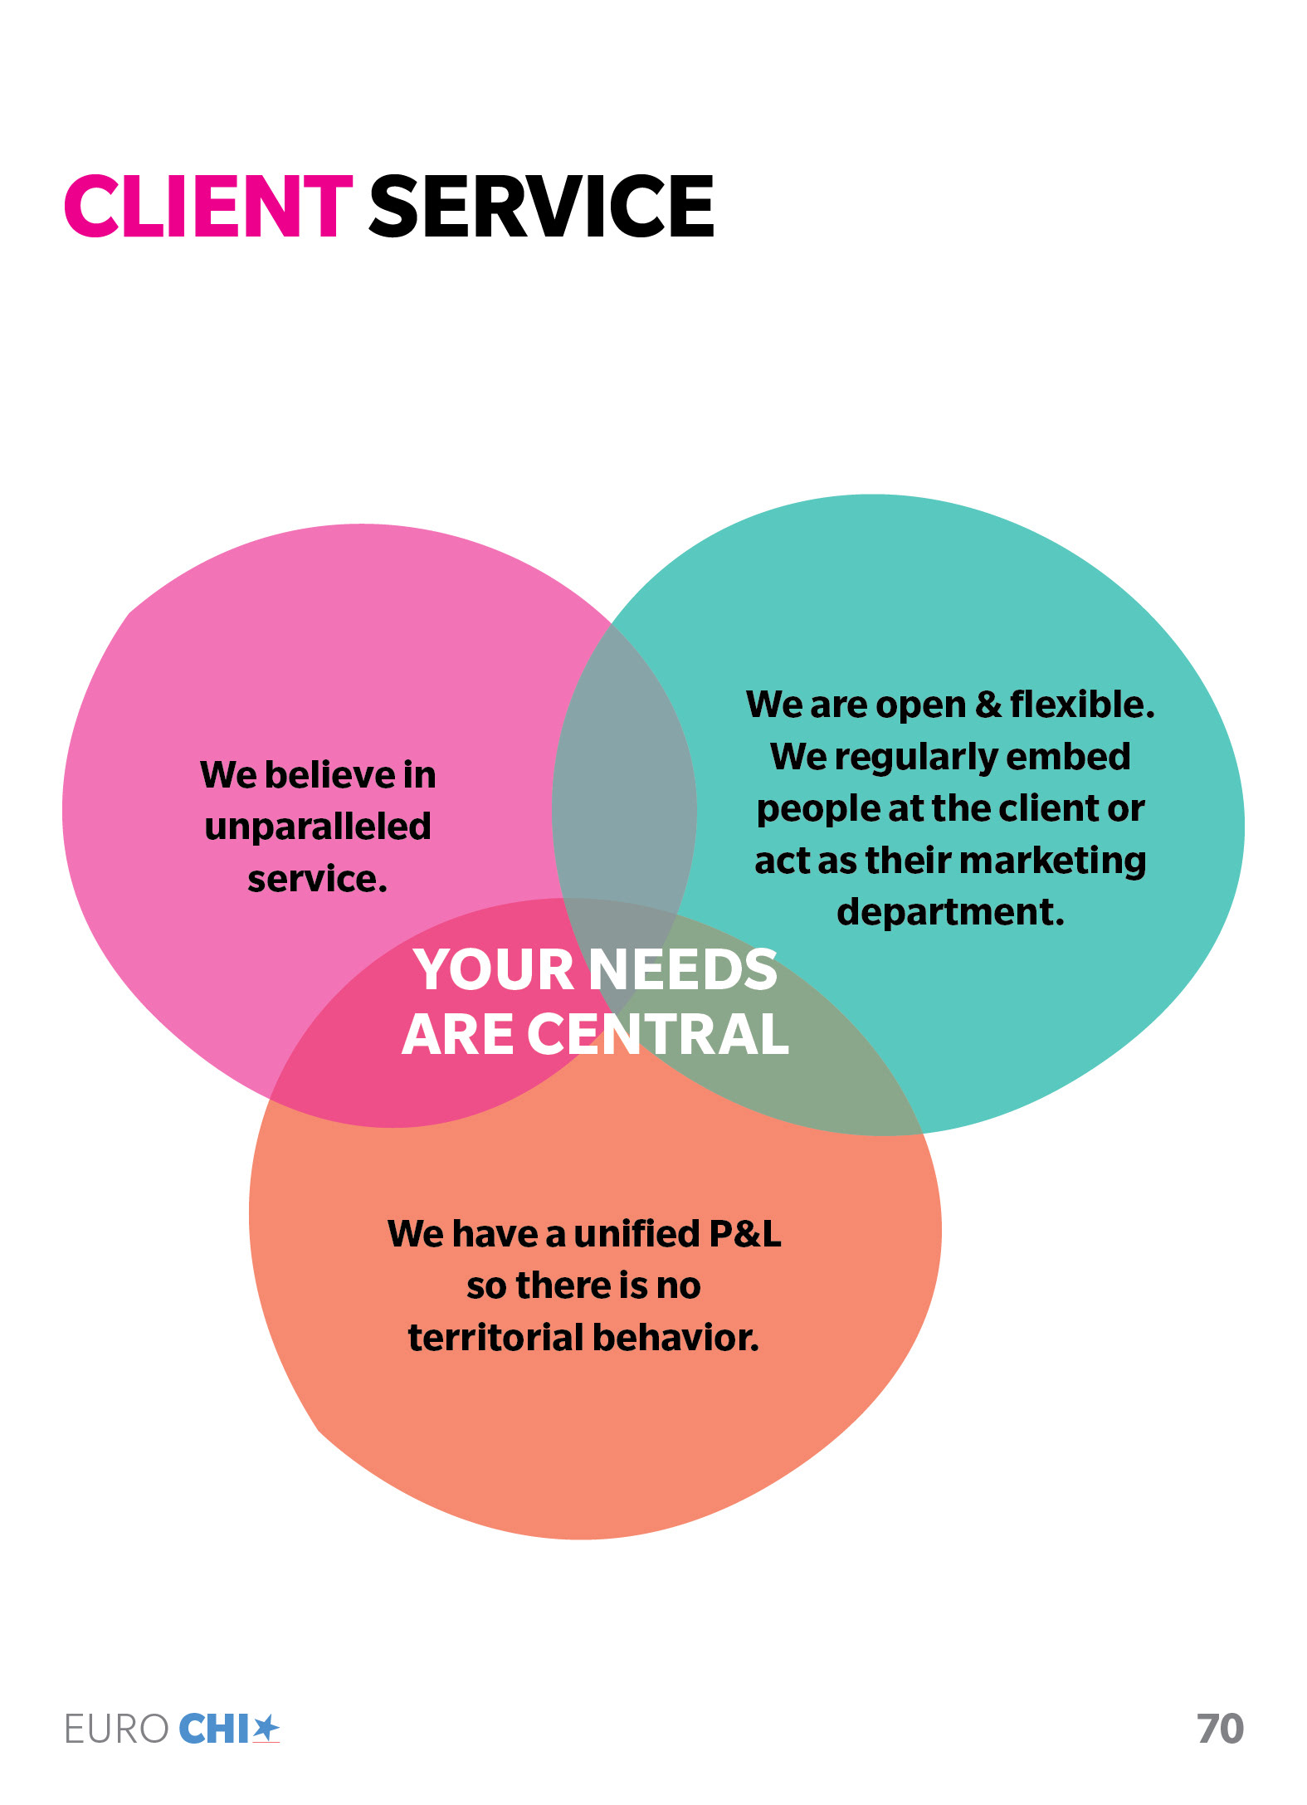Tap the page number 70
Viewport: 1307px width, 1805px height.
coord(1220,1729)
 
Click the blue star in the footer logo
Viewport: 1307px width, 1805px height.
coord(266,1729)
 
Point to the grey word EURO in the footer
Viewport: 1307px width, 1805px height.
coord(117,1729)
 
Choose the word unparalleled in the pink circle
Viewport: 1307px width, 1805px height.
coord(318,827)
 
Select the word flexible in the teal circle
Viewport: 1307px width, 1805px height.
coord(1081,705)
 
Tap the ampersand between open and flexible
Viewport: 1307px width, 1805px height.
coord(988,705)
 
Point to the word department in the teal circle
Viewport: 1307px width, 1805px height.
coord(950,911)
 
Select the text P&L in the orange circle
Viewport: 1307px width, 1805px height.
coord(745,1233)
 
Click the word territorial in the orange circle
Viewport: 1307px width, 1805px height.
coord(495,1337)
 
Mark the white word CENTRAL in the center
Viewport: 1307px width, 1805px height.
coord(657,1034)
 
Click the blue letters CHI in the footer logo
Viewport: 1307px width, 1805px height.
coord(214,1729)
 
